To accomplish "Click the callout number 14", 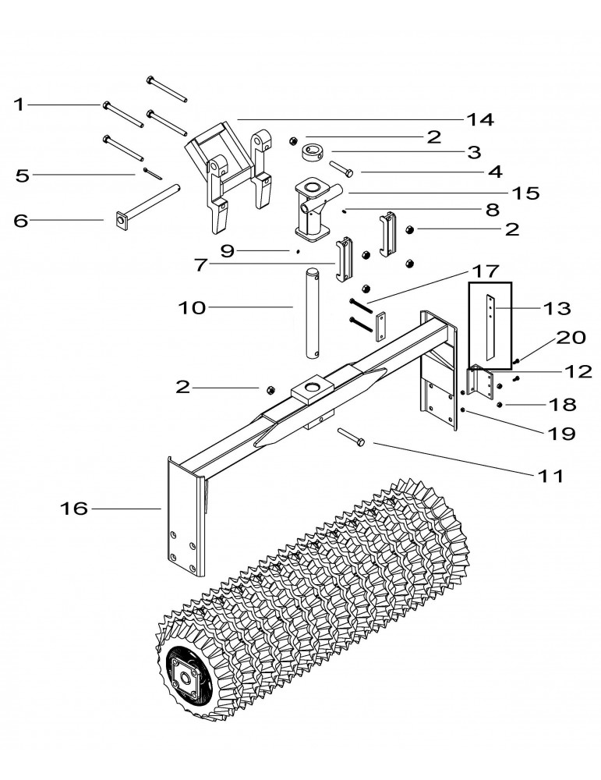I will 481,119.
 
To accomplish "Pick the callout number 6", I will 20,221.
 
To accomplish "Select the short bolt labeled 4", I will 343,168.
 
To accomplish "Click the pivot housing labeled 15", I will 313,207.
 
